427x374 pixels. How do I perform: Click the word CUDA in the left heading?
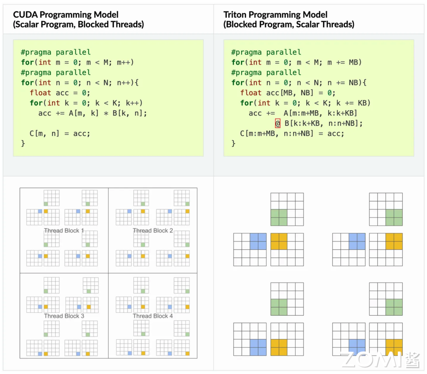tap(24, 15)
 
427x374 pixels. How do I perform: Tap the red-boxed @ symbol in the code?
tap(278, 123)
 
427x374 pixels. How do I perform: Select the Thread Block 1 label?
tap(64, 231)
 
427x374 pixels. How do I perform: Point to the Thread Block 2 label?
tap(153, 231)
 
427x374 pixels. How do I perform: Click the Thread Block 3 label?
tap(64, 316)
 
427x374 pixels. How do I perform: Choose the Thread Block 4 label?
tap(153, 316)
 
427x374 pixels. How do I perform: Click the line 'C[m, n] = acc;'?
tap(60, 133)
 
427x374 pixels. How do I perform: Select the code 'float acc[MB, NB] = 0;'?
tap(288, 93)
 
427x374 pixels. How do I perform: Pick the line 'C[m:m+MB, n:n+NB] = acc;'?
tap(292, 133)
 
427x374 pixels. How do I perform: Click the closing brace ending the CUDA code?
tap(23, 143)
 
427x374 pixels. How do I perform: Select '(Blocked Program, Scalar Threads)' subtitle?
tap(289, 25)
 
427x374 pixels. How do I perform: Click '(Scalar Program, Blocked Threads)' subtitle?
tap(78, 25)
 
